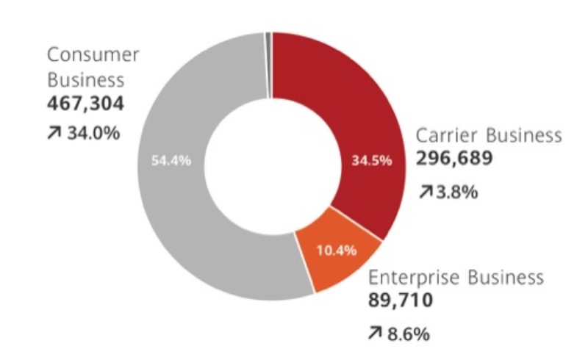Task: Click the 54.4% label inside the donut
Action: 171,162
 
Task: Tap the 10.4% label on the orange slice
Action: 336,251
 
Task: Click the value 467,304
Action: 85,104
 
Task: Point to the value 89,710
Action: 401,300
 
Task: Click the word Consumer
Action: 93,55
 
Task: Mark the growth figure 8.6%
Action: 409,334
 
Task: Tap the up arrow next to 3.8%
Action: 426,192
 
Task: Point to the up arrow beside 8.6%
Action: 375,334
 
